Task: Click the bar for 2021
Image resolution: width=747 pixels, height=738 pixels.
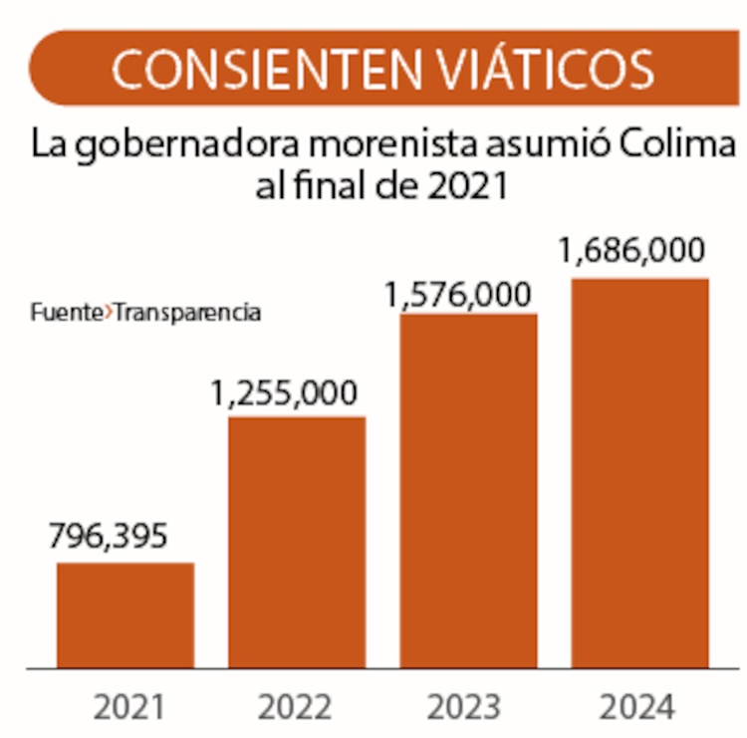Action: (124, 615)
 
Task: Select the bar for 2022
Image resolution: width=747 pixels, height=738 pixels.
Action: (297, 542)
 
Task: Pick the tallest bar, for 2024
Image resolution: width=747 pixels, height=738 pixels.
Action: (639, 472)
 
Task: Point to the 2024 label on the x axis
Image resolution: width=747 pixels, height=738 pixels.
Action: (638, 707)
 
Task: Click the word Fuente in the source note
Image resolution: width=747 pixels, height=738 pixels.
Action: (66, 313)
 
